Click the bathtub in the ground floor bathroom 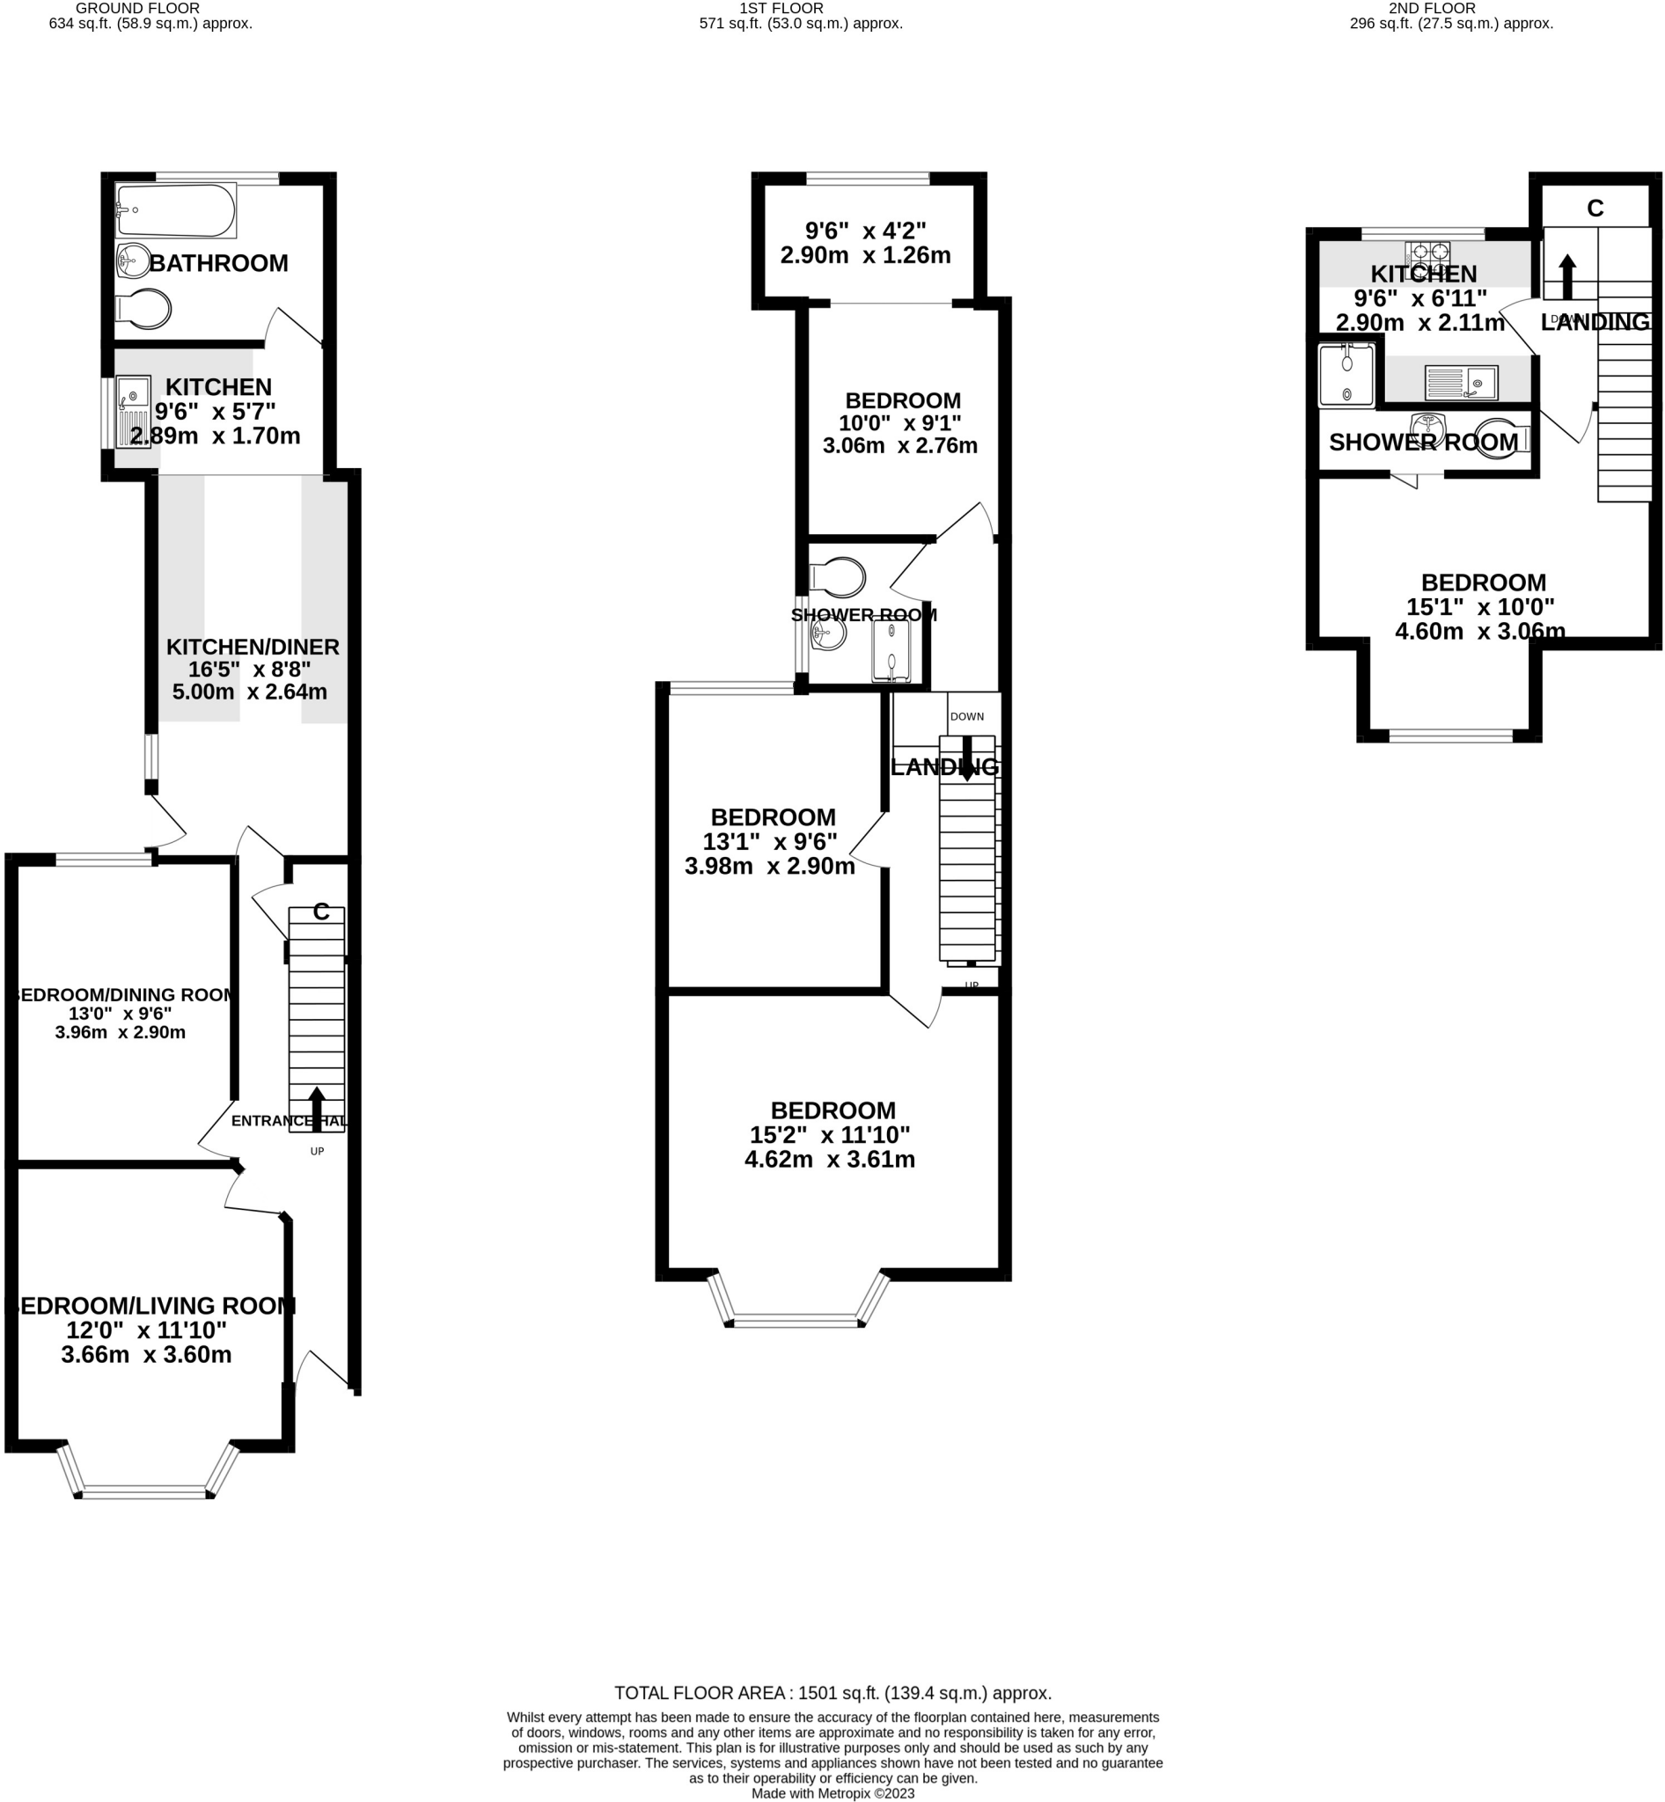click(x=177, y=211)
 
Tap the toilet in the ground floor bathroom click(x=144, y=310)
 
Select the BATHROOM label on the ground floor click(x=218, y=263)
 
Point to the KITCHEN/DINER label click(x=253, y=646)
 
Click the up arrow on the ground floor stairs click(x=316, y=1109)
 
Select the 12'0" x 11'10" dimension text click(x=146, y=1330)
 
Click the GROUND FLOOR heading click(x=138, y=8)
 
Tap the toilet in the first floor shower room click(x=838, y=577)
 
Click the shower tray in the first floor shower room click(x=891, y=649)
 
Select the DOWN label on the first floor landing click(x=967, y=716)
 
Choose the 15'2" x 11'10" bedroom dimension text click(x=830, y=1134)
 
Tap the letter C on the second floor click(x=1595, y=209)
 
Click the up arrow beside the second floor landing click(x=1567, y=275)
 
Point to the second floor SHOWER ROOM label click(x=1423, y=443)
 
